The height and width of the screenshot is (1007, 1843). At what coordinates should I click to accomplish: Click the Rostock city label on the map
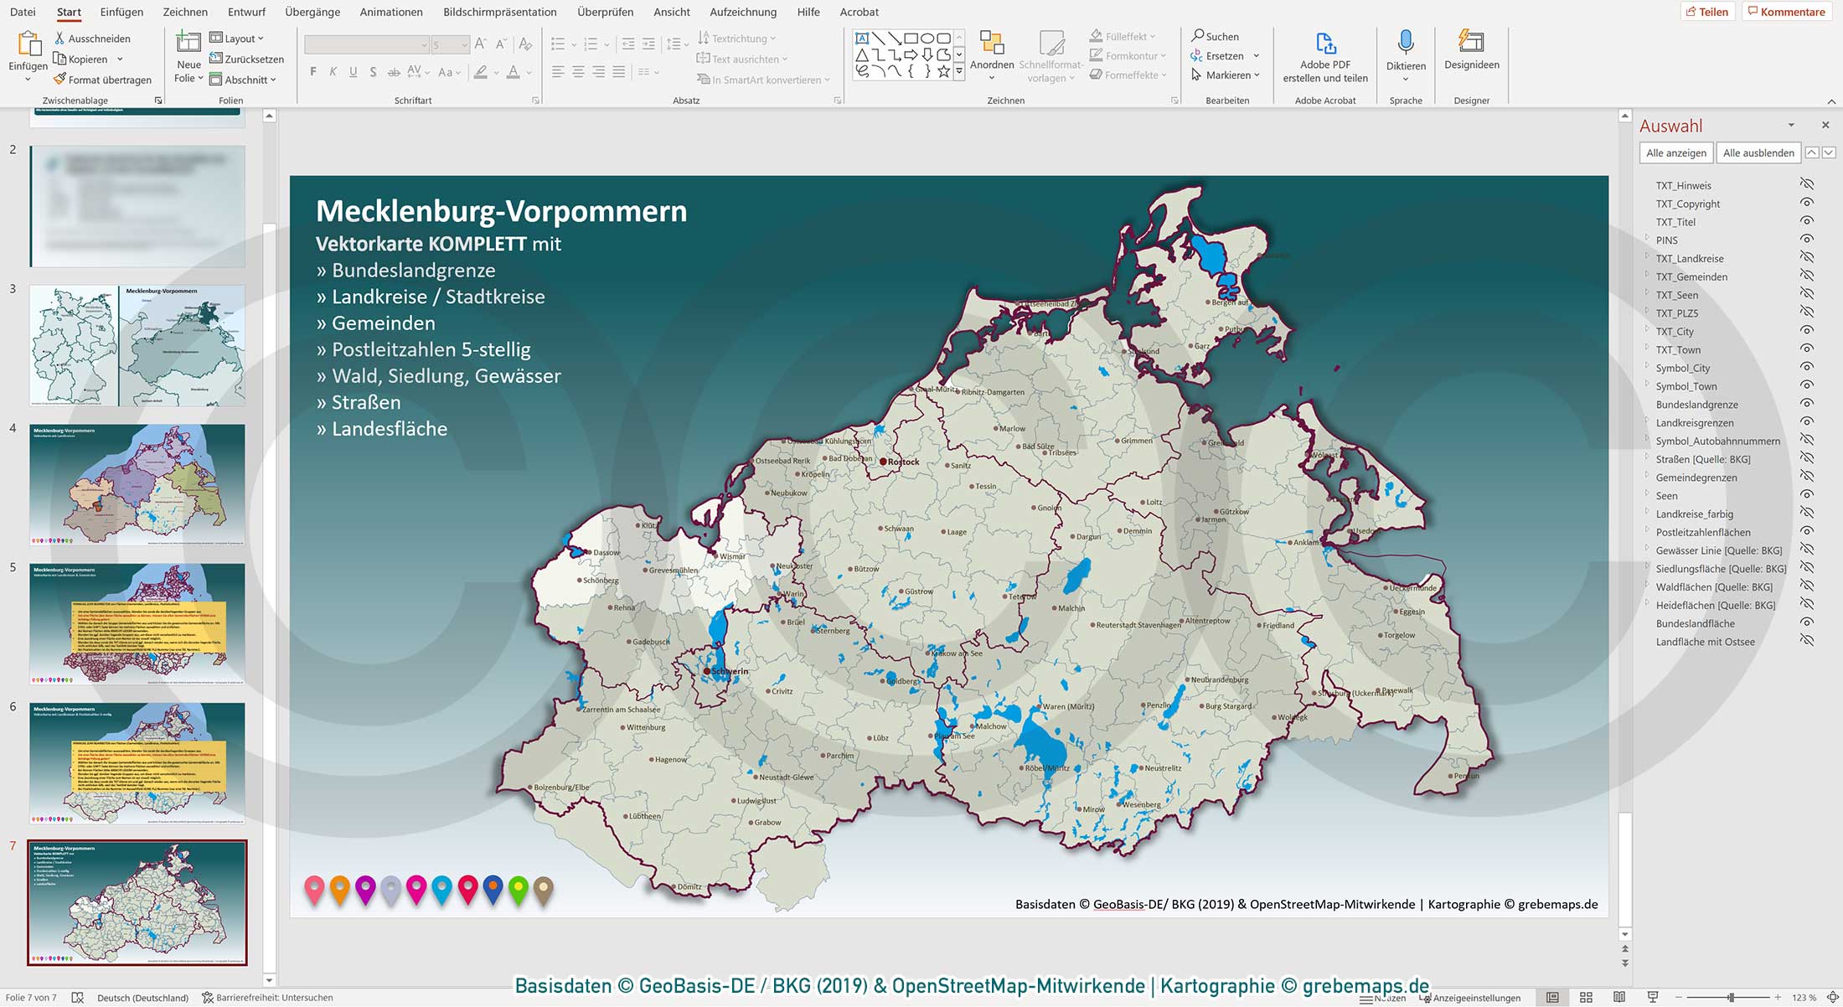(903, 462)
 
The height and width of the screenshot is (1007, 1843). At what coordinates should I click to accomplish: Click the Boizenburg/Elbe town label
(561, 788)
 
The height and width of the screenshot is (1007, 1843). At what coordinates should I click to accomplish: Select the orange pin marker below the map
(339, 888)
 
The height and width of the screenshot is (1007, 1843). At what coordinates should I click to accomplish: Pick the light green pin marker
(519, 888)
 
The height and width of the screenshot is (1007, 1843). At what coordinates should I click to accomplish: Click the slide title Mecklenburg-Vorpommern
(501, 211)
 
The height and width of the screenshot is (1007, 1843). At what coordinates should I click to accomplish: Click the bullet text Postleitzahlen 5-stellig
(431, 349)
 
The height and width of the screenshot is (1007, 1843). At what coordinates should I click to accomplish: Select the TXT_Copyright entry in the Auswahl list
(1687, 204)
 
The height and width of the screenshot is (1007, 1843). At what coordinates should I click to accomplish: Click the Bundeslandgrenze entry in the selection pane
(1696, 405)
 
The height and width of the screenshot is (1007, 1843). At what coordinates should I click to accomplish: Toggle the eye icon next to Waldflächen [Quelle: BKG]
(1807, 586)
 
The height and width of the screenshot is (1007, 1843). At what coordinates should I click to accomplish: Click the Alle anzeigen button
(1675, 152)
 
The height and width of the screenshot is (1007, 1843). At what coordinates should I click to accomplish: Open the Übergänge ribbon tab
(312, 12)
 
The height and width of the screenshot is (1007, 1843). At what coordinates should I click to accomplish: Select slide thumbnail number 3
(137, 345)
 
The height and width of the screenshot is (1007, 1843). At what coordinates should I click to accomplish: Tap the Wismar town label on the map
(731, 556)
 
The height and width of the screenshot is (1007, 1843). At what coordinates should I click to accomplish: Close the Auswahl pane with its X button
(1825, 125)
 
